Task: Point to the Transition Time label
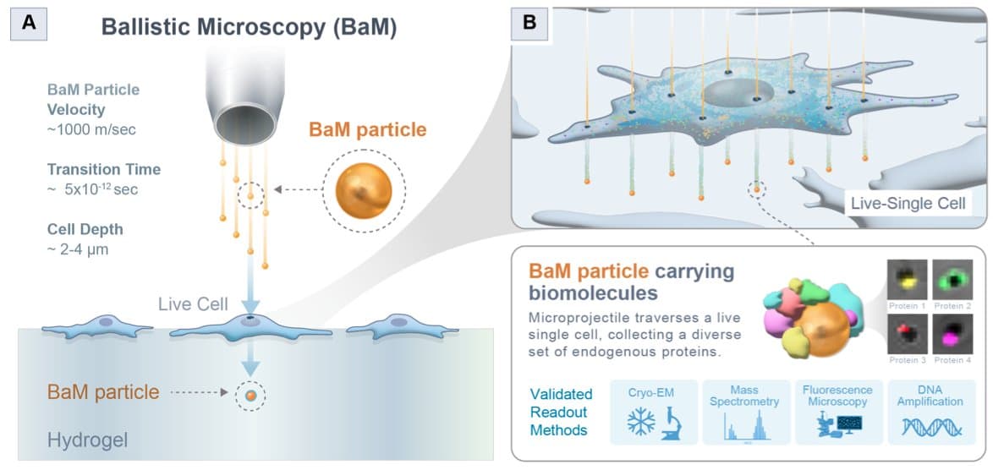(103, 170)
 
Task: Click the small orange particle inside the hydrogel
(250, 395)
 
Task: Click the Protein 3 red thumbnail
(907, 330)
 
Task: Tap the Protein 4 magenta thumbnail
(952, 330)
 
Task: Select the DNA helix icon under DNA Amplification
(929, 426)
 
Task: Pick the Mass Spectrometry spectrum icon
(745, 426)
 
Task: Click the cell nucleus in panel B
(735, 92)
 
